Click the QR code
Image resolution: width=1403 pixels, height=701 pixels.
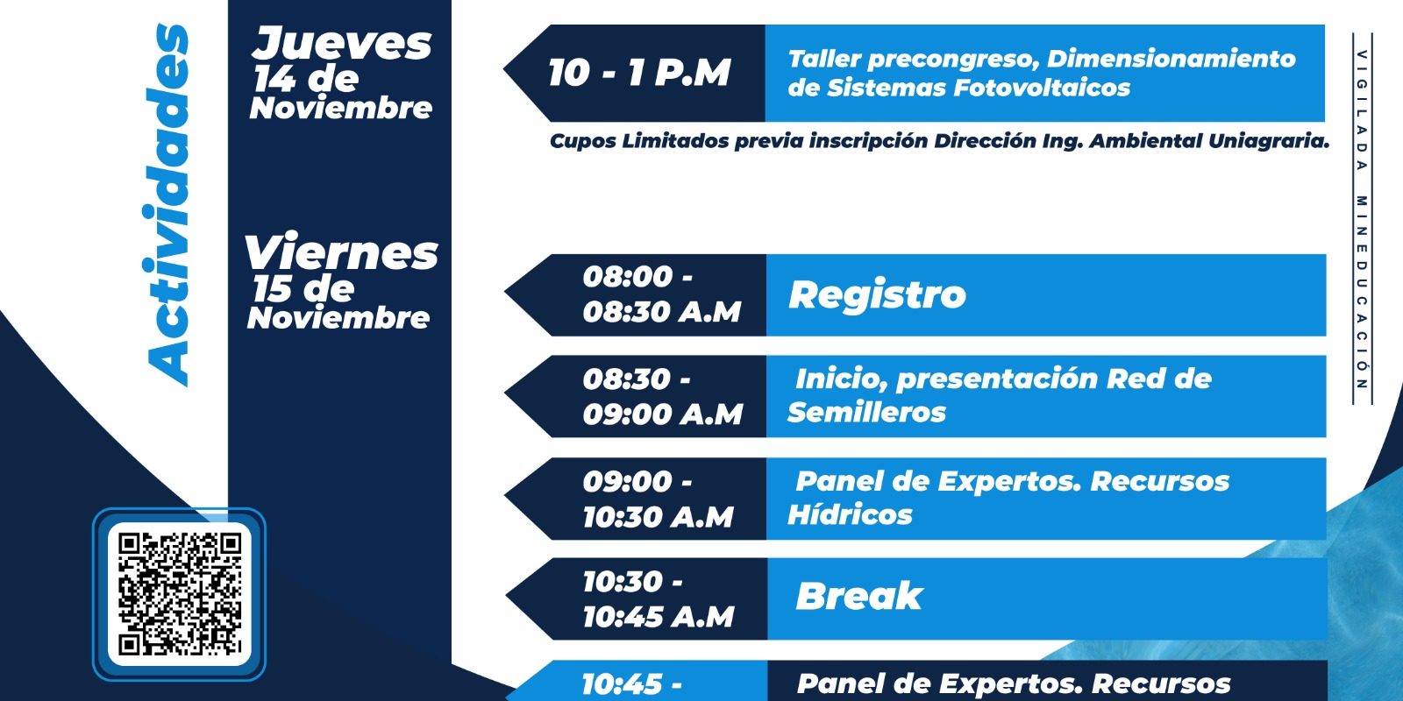pos(180,594)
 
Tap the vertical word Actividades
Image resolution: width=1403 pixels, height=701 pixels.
pos(167,205)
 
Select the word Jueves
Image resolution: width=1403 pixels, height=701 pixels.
pos(342,44)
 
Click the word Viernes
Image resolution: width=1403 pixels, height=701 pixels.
pos(341,253)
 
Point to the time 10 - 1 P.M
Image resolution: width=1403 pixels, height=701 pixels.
pos(639,74)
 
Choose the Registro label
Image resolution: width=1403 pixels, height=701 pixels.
pos(877,294)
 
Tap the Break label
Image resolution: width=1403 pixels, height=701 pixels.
pos(858,596)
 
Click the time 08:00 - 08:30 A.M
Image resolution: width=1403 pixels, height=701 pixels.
pos(662,294)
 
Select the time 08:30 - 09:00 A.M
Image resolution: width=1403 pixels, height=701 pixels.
pos(663,396)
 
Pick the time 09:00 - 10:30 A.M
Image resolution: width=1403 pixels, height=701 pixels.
pos(659,499)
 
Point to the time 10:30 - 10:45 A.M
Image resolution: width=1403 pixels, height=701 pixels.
pos(659,599)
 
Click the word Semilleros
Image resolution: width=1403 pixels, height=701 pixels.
pos(866,413)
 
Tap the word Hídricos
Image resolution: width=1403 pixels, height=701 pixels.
pos(850,514)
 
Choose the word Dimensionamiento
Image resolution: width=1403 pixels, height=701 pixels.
pos(1172,59)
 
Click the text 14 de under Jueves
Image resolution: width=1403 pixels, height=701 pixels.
pos(306,80)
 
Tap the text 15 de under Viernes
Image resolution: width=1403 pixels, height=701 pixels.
pos(303,289)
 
